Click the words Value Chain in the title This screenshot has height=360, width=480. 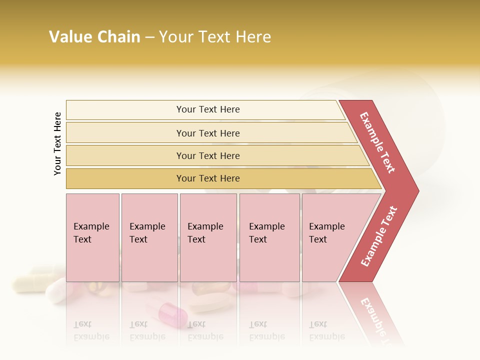[x=94, y=37]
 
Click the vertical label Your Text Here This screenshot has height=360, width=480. [x=57, y=143]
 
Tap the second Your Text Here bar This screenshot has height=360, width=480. [x=208, y=133]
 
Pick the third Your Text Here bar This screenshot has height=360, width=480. [x=208, y=155]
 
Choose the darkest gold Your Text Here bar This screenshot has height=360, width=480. [x=208, y=178]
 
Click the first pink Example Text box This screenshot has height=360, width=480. [x=92, y=237]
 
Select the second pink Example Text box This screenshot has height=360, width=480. [x=149, y=237]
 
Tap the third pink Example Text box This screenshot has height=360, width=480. [x=208, y=237]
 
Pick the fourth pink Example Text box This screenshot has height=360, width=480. [x=269, y=237]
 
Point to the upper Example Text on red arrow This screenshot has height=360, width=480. [x=378, y=142]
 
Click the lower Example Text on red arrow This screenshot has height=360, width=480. [x=379, y=236]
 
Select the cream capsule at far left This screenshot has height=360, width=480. [x=30, y=282]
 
